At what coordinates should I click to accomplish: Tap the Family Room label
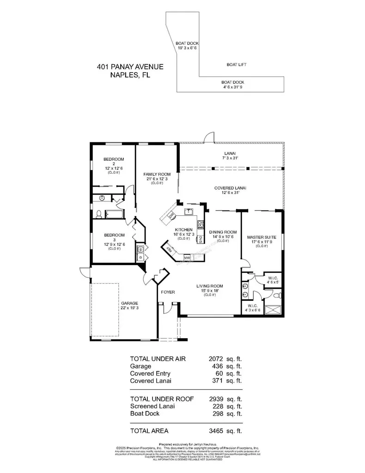(154, 174)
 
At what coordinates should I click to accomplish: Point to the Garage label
(116, 303)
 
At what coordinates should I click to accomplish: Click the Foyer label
(167, 292)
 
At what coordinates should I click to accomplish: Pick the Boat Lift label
(236, 65)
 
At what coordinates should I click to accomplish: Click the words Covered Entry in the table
(150, 373)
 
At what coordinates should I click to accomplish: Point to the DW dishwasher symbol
(171, 216)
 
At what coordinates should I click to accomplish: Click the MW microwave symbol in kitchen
(187, 257)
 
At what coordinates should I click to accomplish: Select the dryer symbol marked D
(140, 257)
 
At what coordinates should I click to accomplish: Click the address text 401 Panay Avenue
(130, 67)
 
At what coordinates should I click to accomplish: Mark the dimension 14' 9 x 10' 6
(223, 236)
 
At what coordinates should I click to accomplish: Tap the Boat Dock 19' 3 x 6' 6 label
(187, 45)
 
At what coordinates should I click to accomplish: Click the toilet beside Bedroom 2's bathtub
(99, 214)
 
